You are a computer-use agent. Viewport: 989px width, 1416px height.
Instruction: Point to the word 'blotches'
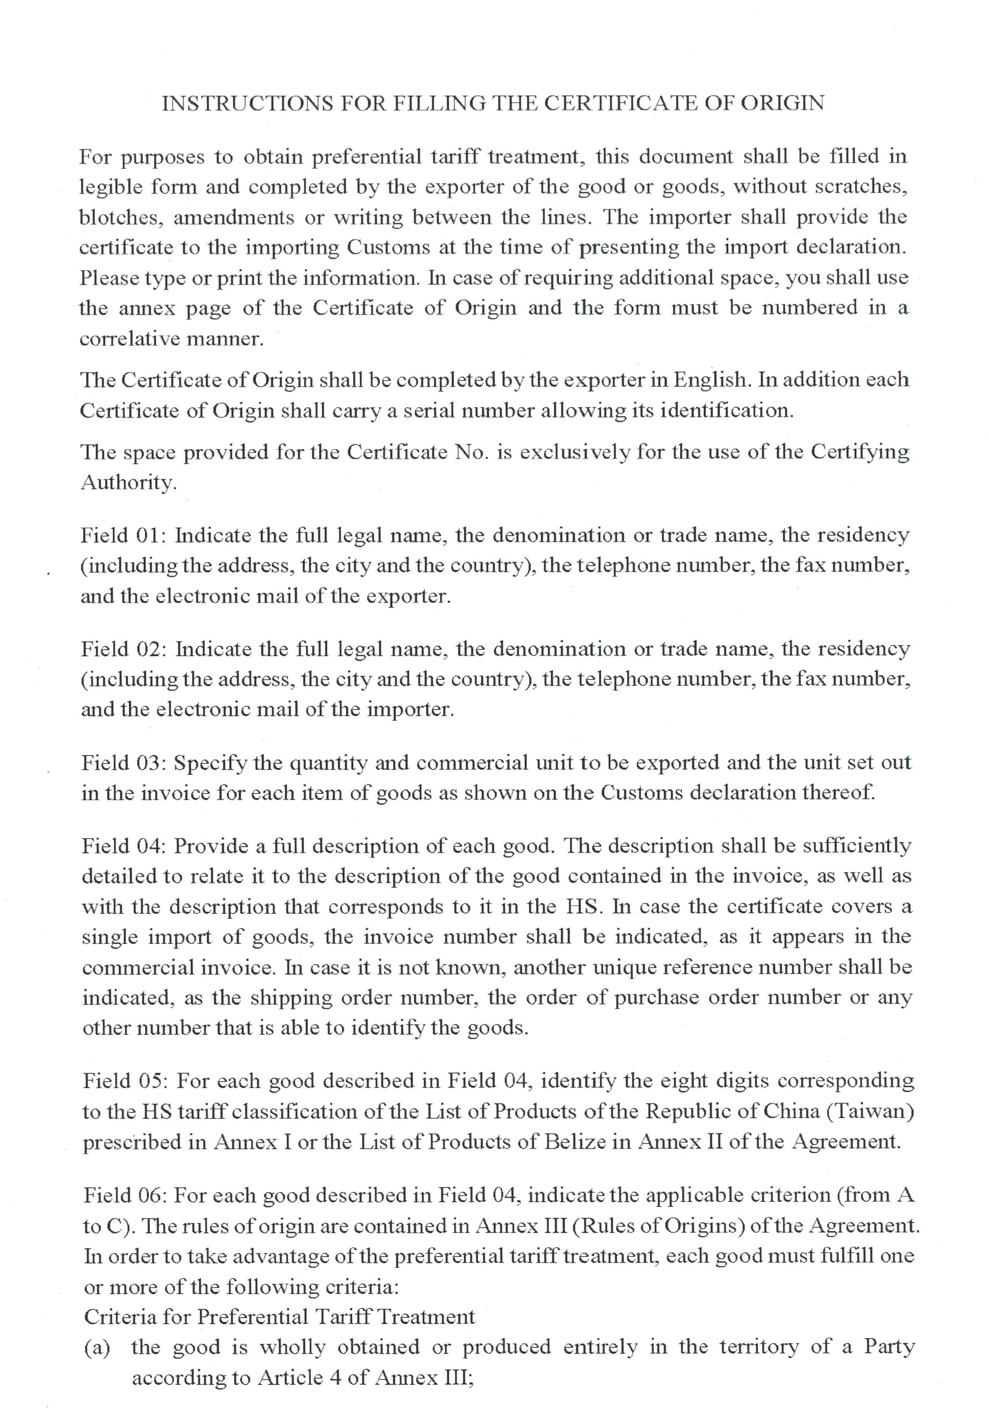[x=120, y=217]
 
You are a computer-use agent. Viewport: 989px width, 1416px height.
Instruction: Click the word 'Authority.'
[x=128, y=482]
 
